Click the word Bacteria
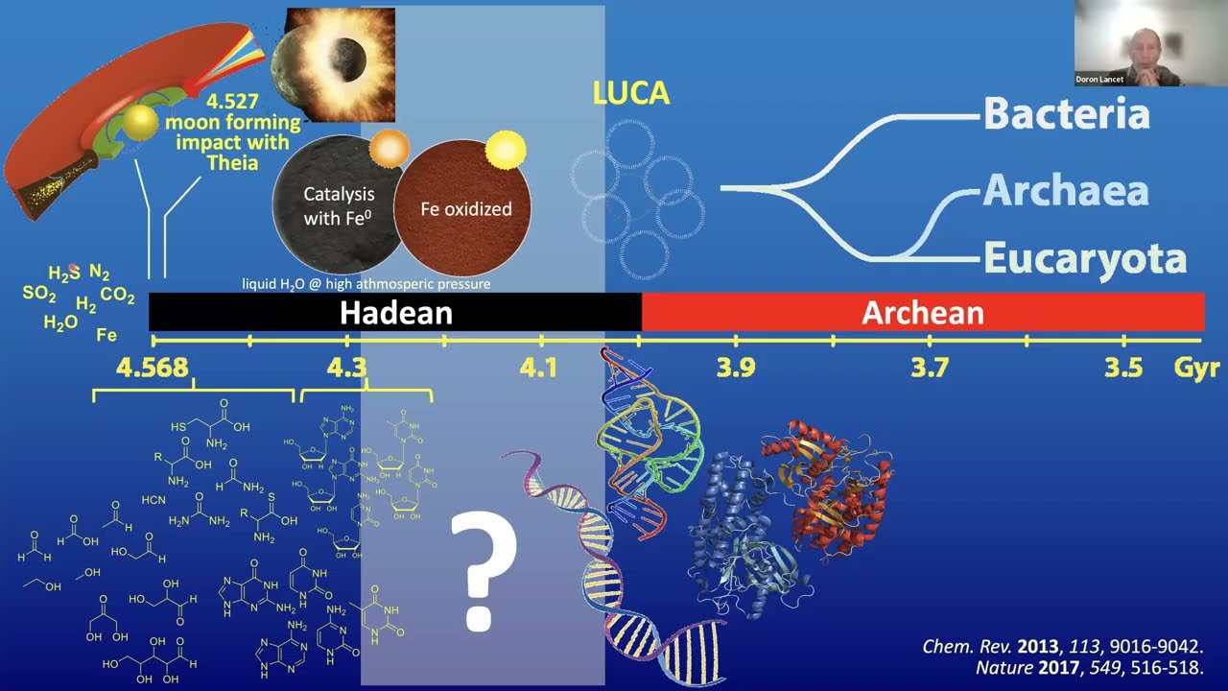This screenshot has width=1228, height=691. pos(1066,114)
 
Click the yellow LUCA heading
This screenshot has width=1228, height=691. pos(630,93)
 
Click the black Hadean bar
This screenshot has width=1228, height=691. pos(395,313)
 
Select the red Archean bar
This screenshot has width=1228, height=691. pos(922,313)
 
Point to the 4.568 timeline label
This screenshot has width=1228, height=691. pos(153,369)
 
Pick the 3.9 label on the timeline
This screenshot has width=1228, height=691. pos(735,369)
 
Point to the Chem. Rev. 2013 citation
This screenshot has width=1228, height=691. pos(1062,647)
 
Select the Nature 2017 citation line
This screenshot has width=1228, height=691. pos(1088,668)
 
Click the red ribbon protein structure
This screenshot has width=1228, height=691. pos(831,480)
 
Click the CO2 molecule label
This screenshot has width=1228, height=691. pos(118,296)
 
